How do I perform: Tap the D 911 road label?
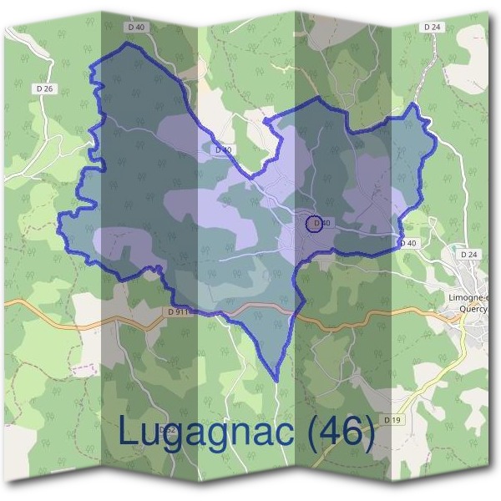(x=176, y=311)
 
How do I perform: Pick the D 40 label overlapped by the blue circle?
(x=323, y=223)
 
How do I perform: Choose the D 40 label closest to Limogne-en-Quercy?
(x=407, y=243)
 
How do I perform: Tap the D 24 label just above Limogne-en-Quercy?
(x=468, y=254)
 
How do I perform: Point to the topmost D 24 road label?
(x=432, y=28)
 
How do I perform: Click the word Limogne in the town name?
(x=466, y=296)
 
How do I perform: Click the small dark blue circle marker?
(x=314, y=223)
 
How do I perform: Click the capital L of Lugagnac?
(x=128, y=431)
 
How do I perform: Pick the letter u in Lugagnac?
(x=154, y=434)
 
